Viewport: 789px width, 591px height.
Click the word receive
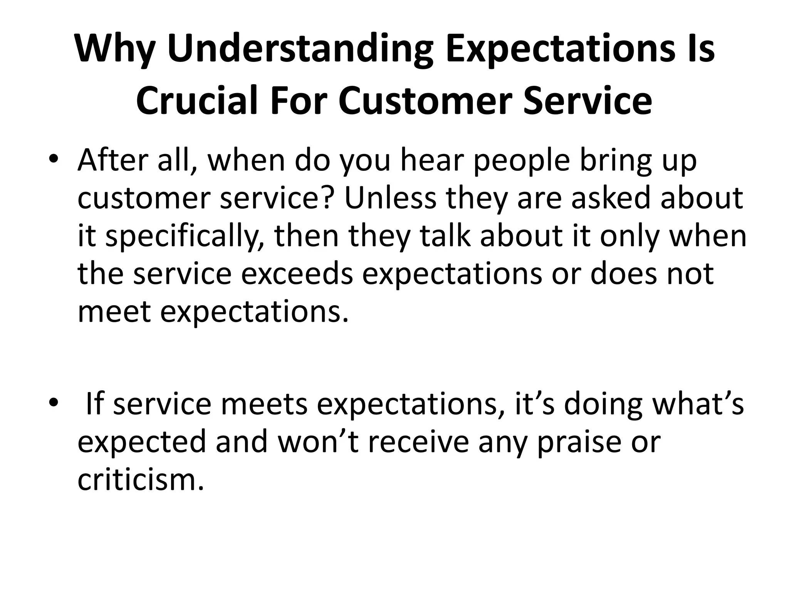point(419,442)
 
